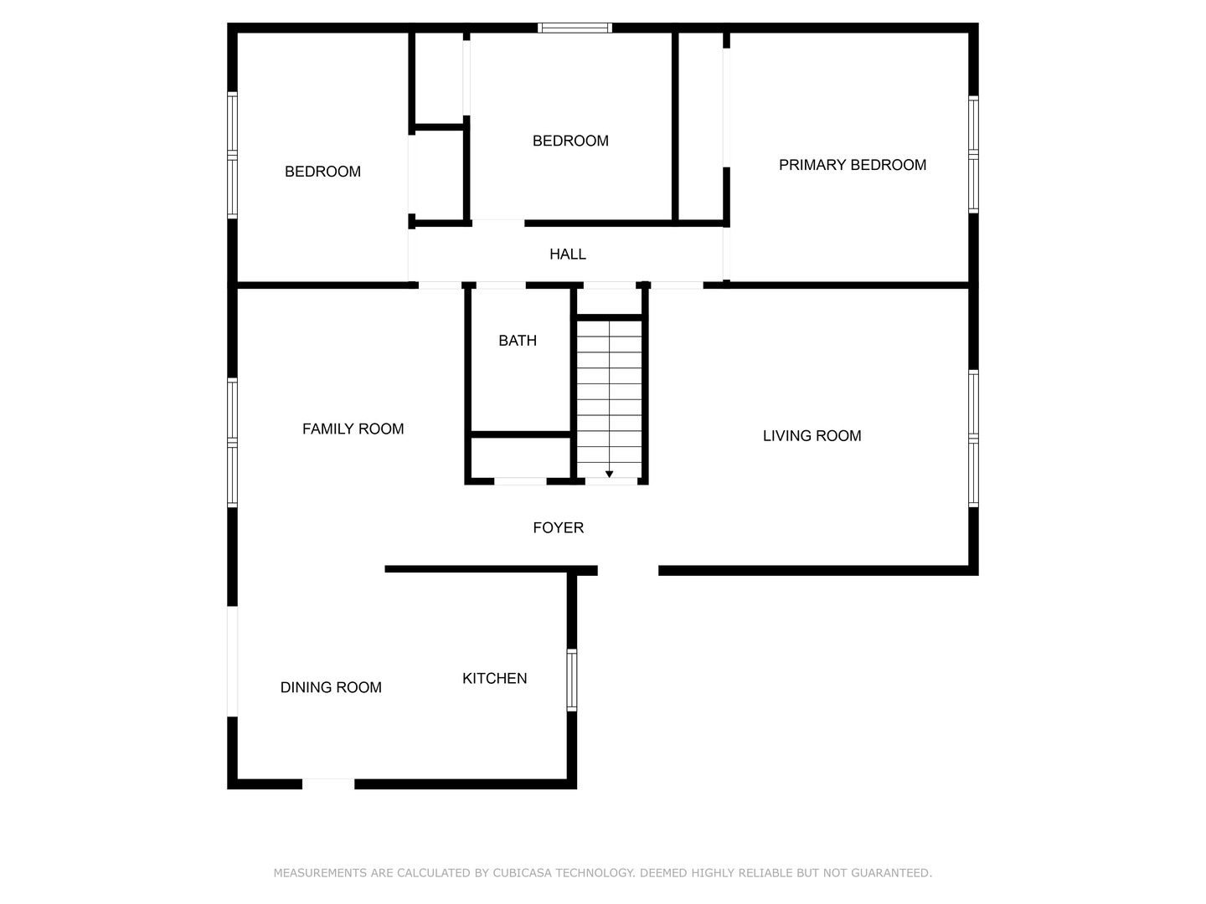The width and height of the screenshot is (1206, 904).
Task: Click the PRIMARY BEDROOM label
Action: [852, 165]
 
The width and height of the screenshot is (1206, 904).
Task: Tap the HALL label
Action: [567, 254]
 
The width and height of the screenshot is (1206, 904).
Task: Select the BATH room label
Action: [517, 341]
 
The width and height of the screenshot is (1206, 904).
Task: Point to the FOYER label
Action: [558, 527]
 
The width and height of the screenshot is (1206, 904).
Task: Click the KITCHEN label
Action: [494, 679]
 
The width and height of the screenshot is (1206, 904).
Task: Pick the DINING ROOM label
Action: [331, 687]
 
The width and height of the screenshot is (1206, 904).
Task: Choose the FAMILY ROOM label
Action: [353, 429]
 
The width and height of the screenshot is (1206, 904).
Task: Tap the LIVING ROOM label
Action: [812, 435]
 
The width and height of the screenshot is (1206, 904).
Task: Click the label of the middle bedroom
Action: [570, 141]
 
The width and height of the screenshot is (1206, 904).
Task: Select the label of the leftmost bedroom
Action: [322, 172]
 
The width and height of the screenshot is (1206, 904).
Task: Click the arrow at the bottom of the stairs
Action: [609, 475]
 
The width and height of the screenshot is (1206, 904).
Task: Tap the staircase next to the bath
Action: [609, 393]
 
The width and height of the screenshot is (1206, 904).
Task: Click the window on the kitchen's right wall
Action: [572, 681]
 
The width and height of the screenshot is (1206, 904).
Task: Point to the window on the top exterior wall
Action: [575, 28]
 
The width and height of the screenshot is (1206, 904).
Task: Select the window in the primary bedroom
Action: [973, 155]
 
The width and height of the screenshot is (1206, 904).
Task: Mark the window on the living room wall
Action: [973, 438]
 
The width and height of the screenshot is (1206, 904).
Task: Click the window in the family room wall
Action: [233, 442]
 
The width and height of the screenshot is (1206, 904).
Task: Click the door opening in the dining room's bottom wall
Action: [328, 784]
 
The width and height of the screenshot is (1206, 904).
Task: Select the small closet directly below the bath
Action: [520, 458]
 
